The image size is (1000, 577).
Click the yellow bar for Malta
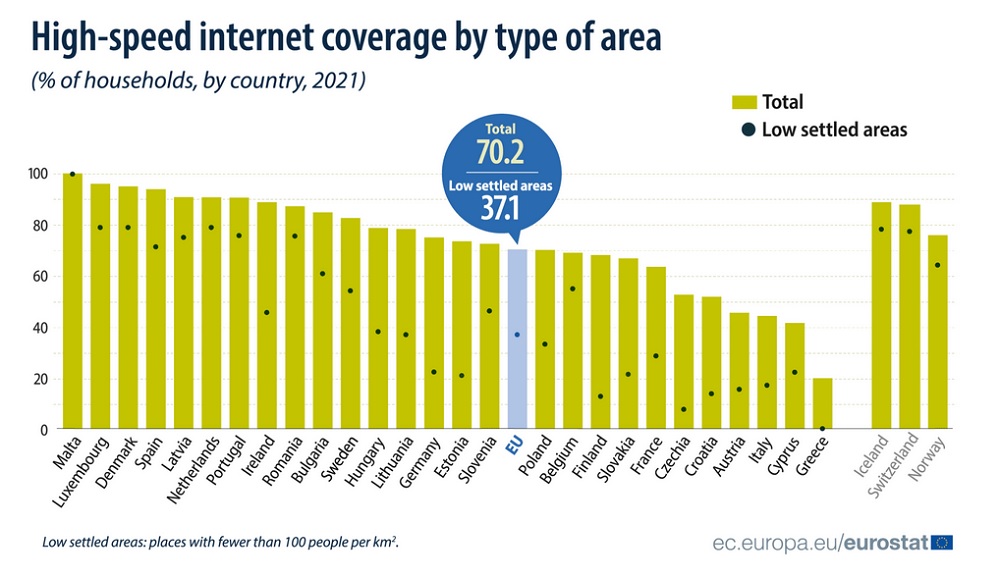[72, 300]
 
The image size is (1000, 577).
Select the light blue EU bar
[517, 340]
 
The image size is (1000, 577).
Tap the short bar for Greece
[822, 404]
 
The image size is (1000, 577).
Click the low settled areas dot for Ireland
[267, 312]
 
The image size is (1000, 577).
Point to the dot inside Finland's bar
[600, 396]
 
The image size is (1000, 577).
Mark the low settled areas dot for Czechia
[683, 409]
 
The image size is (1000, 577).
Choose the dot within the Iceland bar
[881, 229]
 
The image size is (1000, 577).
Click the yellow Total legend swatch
[743, 101]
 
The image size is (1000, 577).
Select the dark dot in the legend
[745, 129]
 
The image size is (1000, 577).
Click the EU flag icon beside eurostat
[941, 542]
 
